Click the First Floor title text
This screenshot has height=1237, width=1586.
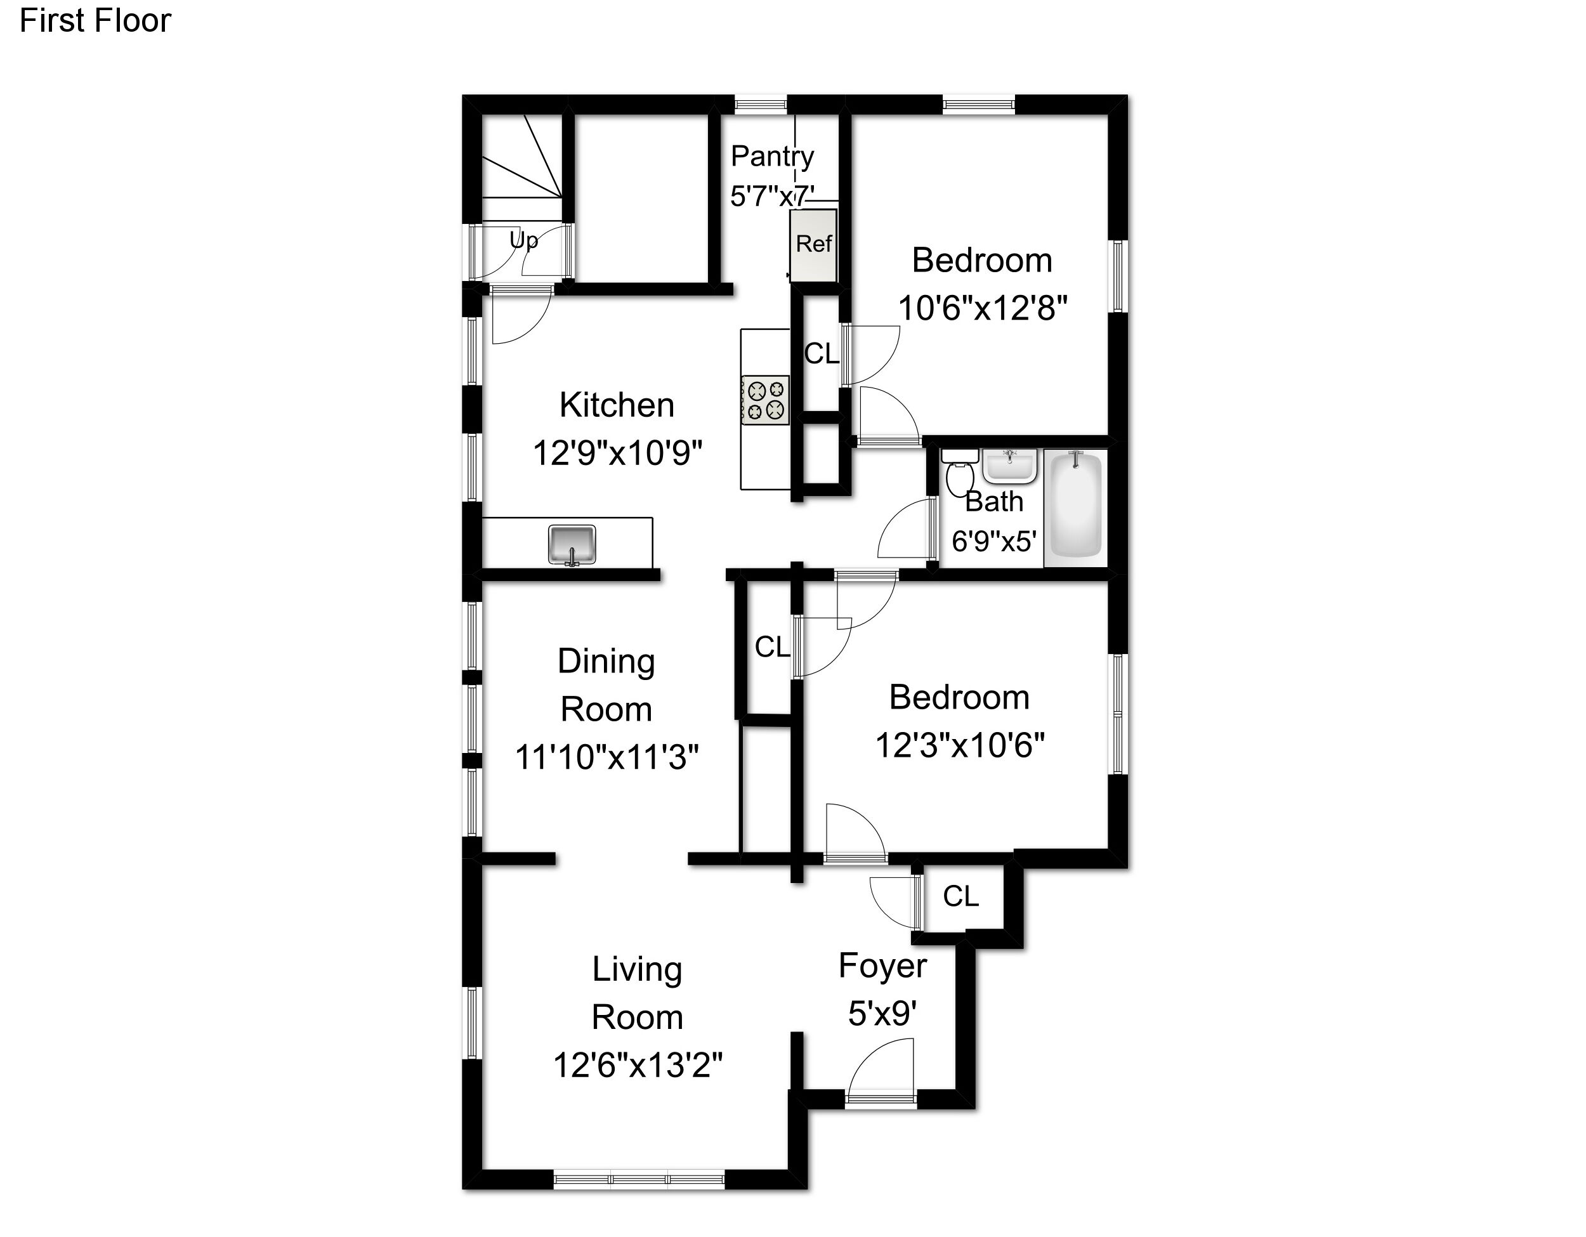point(95,20)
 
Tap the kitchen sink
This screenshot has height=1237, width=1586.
point(572,544)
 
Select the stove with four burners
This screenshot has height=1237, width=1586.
point(764,400)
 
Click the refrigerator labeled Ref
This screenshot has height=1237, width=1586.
point(813,245)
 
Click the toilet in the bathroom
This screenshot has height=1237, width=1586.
point(960,471)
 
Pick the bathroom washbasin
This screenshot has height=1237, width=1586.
point(1009,466)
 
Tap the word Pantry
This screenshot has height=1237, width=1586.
point(772,157)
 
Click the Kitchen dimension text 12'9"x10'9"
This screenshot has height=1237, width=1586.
point(617,453)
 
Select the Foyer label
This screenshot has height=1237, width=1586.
point(882,966)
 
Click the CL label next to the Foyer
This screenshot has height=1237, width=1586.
point(960,896)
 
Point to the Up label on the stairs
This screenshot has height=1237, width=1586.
point(523,240)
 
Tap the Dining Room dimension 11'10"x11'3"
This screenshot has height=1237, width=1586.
point(606,757)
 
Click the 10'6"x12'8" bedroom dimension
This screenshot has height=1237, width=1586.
point(983,308)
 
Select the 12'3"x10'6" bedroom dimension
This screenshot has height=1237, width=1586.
point(959,745)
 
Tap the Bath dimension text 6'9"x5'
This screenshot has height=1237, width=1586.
point(993,541)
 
